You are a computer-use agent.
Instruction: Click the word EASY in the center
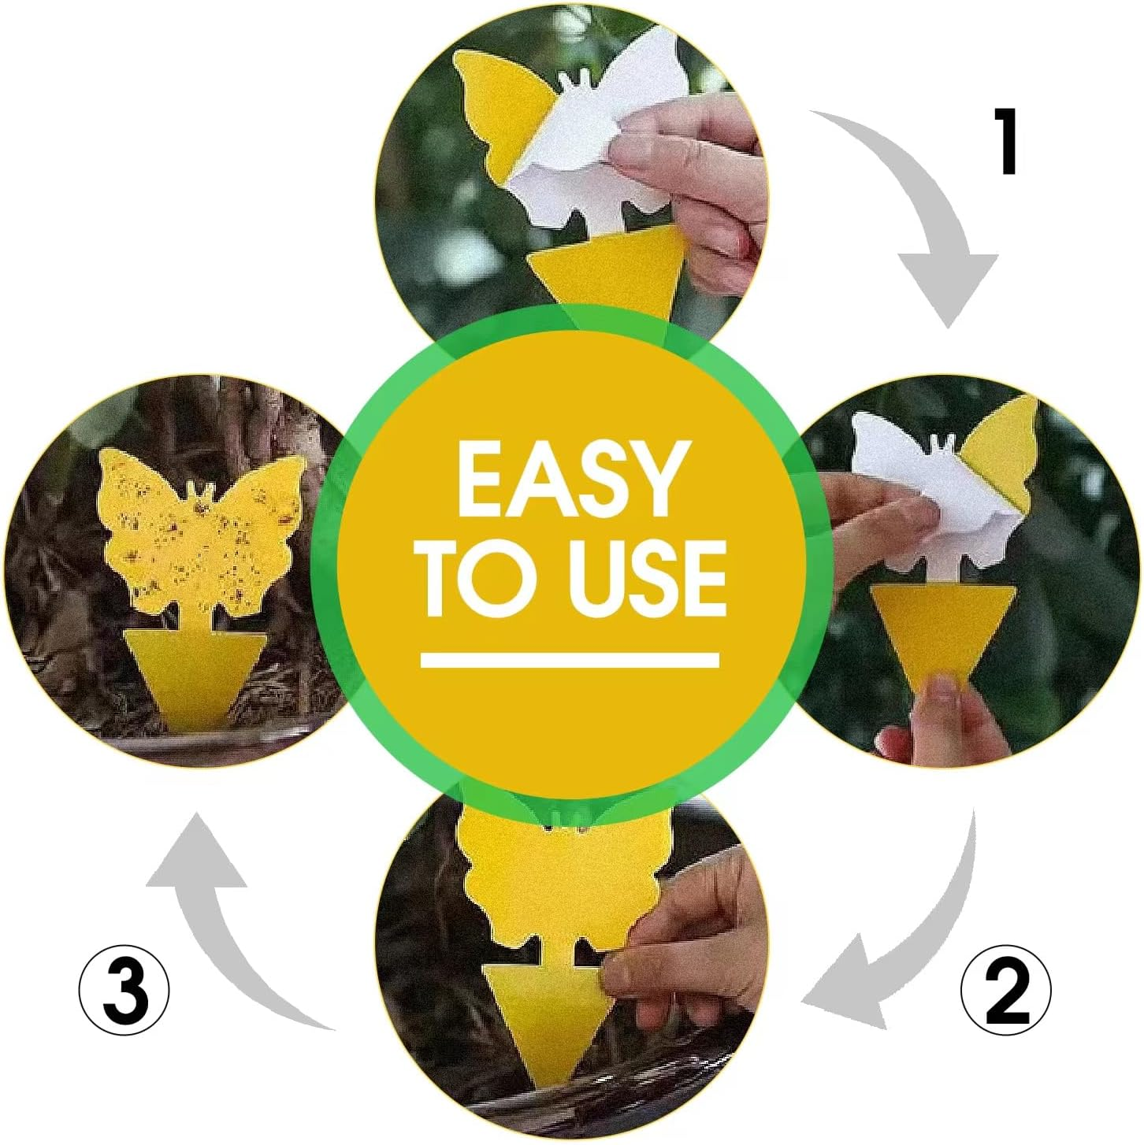point(569,478)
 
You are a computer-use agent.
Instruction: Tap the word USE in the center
point(646,579)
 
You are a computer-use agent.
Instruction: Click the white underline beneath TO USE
point(570,660)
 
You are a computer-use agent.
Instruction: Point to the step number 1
point(1006,142)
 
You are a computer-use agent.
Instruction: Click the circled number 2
point(1006,991)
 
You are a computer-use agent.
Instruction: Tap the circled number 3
point(124,991)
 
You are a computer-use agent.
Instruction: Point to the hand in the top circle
point(701,181)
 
